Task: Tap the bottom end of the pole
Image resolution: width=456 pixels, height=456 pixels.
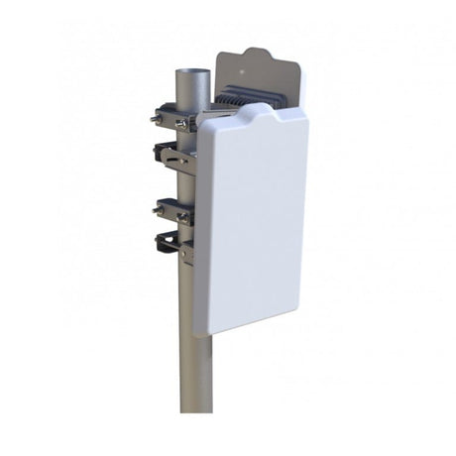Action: pyautogui.click(x=196, y=408)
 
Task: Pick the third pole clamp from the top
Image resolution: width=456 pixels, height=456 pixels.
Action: pyautogui.click(x=174, y=210)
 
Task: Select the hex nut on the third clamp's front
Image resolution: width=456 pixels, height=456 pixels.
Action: pyautogui.click(x=183, y=215)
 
